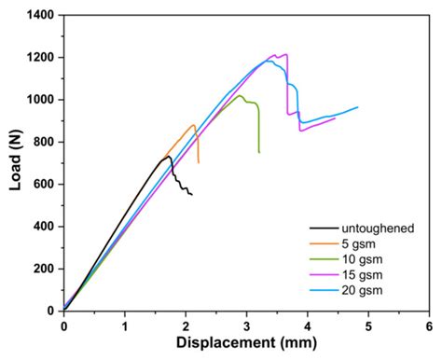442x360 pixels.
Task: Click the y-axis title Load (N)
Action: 16,162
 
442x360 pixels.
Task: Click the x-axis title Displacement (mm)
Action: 245,344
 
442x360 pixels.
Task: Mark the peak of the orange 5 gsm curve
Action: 194,125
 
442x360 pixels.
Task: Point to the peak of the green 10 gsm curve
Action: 240,95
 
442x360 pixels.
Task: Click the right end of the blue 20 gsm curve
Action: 357,107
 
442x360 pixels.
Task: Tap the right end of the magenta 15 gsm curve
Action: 335,118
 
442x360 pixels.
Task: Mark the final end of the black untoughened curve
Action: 191,194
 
